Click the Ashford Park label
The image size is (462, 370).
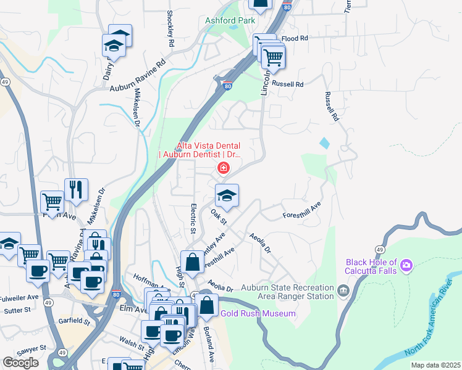pyautogui.click(x=230, y=20)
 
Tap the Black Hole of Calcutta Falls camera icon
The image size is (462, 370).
pyautogui.click(x=406, y=266)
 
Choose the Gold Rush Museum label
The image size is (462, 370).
pyautogui.click(x=259, y=314)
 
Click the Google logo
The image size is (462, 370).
pyautogui.click(x=20, y=363)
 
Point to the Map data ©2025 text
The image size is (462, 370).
pyautogui.click(x=436, y=365)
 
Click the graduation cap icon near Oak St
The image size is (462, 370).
pyautogui.click(x=227, y=195)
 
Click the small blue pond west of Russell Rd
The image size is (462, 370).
pyautogui.click(x=325, y=143)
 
